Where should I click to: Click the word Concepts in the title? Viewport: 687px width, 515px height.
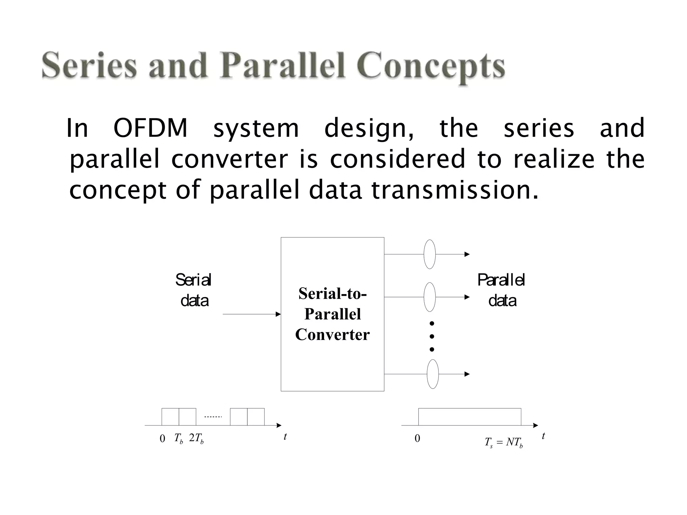point(431,66)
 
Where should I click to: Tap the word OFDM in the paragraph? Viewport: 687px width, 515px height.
point(150,128)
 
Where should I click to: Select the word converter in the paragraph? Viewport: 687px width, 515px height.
point(229,159)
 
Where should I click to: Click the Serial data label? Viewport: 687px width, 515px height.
point(194,290)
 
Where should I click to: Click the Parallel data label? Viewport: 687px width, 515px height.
point(501,290)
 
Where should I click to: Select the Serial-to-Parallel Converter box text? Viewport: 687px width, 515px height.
point(332,314)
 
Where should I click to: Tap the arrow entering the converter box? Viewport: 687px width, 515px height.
point(252,314)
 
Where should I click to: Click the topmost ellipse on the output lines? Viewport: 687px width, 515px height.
point(430,254)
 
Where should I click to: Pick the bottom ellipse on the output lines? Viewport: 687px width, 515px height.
point(433,374)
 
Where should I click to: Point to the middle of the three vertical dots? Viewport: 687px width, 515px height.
point(432,336)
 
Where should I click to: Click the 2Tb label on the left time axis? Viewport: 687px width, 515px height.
point(196,438)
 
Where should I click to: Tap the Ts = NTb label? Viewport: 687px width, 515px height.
point(504,443)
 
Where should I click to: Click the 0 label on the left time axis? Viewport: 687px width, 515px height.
point(162,439)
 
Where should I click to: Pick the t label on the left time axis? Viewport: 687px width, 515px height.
point(285,437)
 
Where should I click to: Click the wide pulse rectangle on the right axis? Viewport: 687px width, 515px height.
point(470,417)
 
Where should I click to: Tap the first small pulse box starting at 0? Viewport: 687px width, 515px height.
point(170,417)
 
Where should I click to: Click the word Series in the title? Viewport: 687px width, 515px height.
point(89,66)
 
